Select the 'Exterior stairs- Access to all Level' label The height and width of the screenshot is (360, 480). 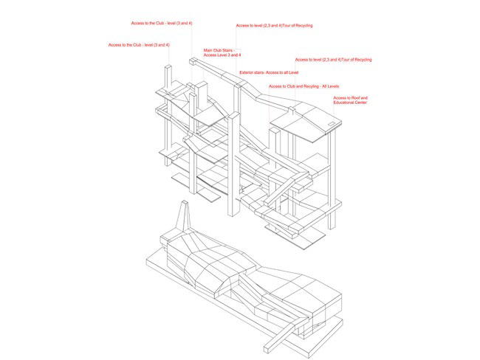pos(269,73)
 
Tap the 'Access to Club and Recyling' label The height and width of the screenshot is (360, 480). pos(304,86)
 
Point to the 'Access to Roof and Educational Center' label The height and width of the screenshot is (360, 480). pos(350,100)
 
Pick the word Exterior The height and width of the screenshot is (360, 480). pos(246,73)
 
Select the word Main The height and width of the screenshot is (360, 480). pos(208,50)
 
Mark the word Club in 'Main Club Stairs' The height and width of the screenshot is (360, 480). pos(217,50)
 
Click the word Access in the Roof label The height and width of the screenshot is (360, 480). pos(339,98)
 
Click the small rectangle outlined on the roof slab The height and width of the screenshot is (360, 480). pos(332,124)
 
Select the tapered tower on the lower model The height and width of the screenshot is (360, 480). pos(183,217)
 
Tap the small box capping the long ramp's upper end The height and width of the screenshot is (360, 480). pos(193,61)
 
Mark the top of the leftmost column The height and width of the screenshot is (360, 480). pos(168,66)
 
